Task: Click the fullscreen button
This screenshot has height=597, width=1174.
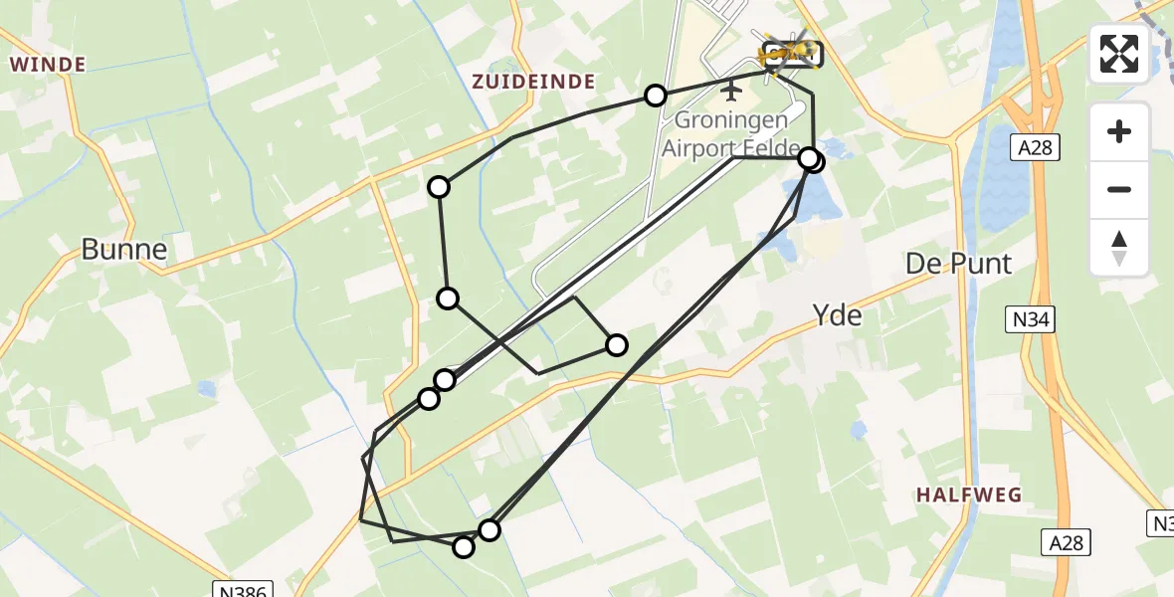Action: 1119,54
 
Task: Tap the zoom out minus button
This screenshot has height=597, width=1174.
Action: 1119,189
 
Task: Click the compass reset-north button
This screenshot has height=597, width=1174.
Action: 1119,248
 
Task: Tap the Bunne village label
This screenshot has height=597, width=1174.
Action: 123,250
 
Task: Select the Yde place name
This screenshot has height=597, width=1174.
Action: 837,316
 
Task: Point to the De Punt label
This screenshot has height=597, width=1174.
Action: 958,265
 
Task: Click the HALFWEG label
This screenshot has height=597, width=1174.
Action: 969,495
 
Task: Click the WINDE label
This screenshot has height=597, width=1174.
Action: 47,65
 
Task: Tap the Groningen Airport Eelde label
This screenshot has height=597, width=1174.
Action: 731,133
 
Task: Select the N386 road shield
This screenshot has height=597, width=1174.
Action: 242,590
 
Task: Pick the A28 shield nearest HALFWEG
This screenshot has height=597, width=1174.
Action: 1068,542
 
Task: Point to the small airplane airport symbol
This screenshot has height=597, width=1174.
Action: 732,92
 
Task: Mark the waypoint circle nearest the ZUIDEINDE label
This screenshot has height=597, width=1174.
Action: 655,96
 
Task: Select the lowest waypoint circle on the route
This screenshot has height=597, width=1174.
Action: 464,547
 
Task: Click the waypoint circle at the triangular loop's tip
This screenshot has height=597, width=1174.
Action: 617,345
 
